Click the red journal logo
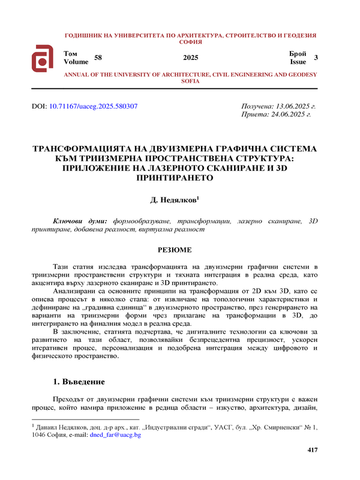coord(43,58)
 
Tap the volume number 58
coord(98,58)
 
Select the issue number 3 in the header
coord(316,58)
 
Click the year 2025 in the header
coord(190,58)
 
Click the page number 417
coord(312,450)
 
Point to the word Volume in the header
coord(76,62)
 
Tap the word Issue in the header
coord(298,62)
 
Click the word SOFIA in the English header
coord(190,81)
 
